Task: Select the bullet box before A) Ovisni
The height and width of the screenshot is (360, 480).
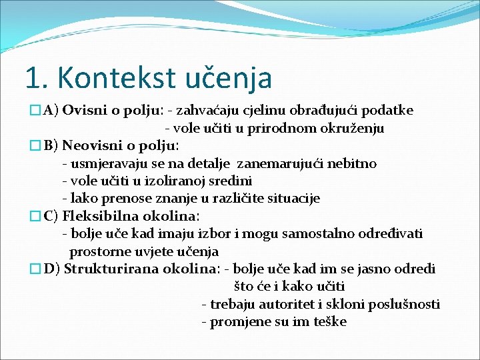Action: (x=35, y=111)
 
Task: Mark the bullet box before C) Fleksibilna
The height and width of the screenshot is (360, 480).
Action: (x=35, y=217)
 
